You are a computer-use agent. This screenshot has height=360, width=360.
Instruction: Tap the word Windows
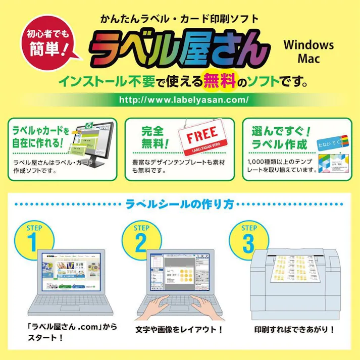pyautogui.click(x=308, y=44)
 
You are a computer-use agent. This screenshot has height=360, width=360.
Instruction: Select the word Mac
pyautogui.click(x=308, y=58)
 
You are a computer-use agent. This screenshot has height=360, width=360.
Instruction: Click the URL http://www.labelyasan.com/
pyautogui.click(x=184, y=99)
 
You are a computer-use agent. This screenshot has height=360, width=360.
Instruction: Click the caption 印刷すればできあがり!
pyautogui.click(x=294, y=329)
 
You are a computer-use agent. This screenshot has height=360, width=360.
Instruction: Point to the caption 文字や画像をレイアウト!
pyautogui.click(x=179, y=329)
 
